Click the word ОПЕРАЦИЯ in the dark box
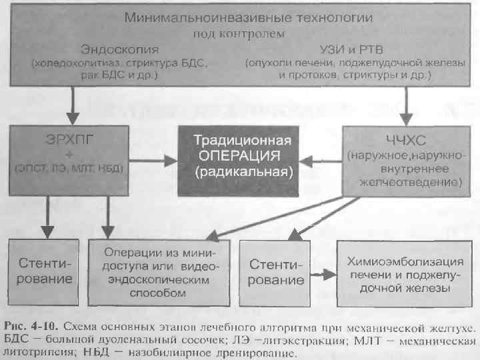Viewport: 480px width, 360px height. [x=243, y=156]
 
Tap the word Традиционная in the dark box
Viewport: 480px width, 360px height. [x=243, y=141]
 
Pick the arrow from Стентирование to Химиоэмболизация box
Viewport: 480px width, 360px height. [x=320, y=274]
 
